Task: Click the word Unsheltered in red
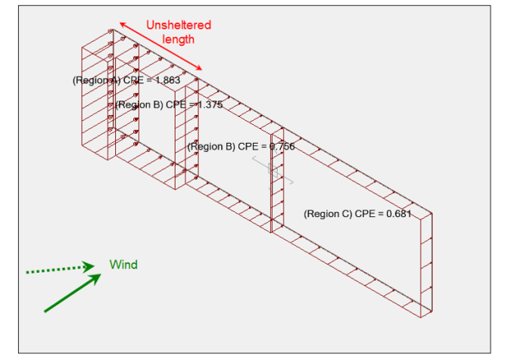pyautogui.click(x=179, y=25)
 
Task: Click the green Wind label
pyautogui.click(x=123, y=265)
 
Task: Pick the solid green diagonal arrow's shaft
pyautogui.click(x=68, y=295)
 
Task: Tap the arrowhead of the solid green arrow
pyautogui.click(x=96, y=278)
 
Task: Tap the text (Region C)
pyautogui.click(x=328, y=214)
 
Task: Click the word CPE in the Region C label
pyautogui.click(x=366, y=214)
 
